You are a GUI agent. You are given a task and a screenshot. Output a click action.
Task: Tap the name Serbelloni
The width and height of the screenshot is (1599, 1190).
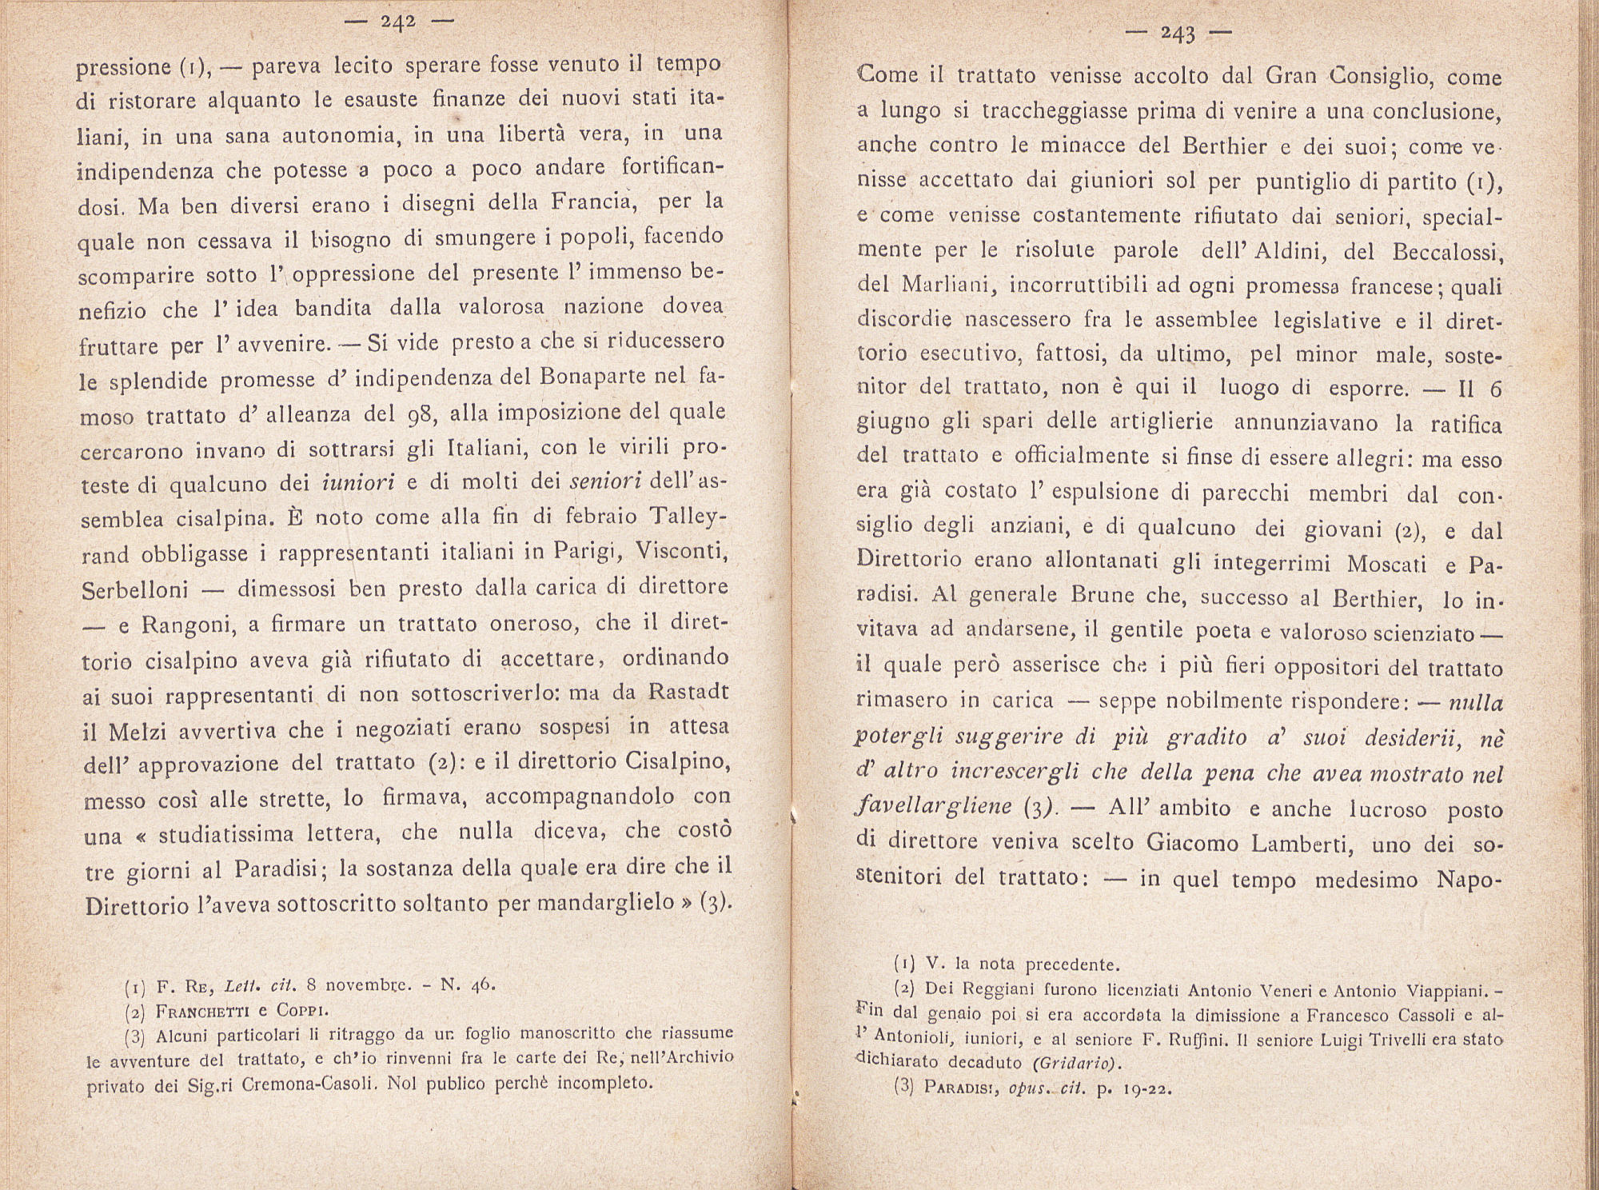135,589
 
